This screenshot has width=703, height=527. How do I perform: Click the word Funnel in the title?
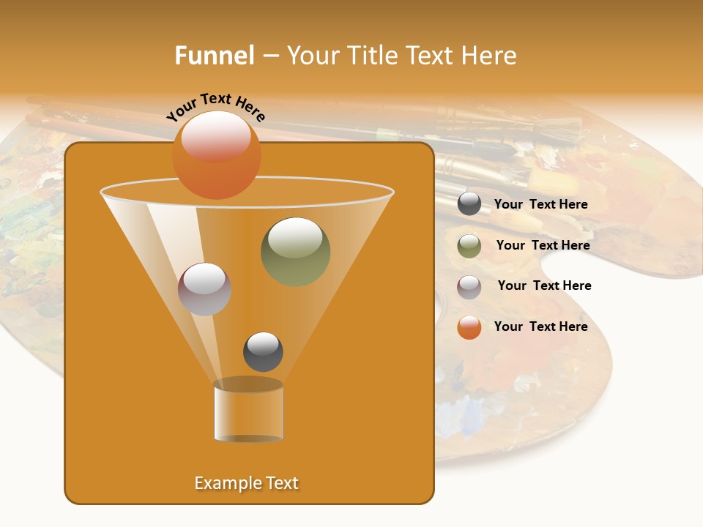coord(214,56)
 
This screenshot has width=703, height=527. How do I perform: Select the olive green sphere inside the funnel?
coord(295,252)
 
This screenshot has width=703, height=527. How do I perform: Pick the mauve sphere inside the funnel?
coord(204,289)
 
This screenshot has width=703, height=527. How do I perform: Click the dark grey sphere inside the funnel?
coord(263,351)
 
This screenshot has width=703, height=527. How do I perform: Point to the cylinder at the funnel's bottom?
coord(248,411)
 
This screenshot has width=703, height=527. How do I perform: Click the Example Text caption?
coord(246,483)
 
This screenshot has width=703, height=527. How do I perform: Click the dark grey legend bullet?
coord(469,204)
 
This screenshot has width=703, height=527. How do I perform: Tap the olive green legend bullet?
coord(469,246)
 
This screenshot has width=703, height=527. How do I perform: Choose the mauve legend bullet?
coord(469,287)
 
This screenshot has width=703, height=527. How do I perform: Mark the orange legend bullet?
coord(469,327)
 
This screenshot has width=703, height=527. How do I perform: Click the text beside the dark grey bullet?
coord(540,205)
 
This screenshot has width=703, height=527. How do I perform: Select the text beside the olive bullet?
coord(543,245)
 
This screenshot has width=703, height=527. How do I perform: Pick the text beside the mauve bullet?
coord(544,285)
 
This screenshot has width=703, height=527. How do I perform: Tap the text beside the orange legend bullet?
coord(540,326)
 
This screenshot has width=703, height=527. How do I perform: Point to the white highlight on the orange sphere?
coord(216,137)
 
